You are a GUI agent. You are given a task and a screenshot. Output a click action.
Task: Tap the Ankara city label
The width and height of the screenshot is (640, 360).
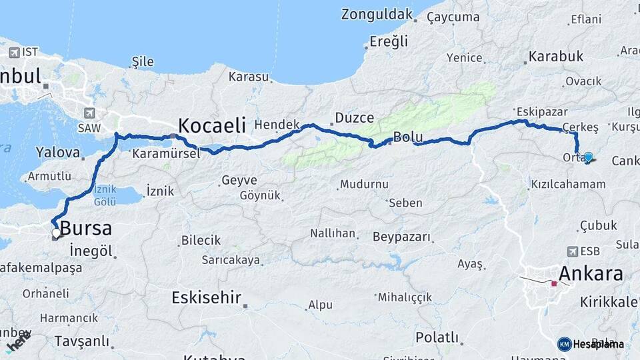tap(591, 273)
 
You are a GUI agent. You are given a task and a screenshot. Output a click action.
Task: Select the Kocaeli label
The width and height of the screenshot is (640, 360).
tap(212, 125)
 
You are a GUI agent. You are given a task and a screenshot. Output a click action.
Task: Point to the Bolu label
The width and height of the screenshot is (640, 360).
tap(408, 137)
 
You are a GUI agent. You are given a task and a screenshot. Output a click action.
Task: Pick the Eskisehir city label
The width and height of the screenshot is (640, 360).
tap(206, 297)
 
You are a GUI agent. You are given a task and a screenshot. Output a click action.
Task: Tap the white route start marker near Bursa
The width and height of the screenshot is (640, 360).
tap(57, 233)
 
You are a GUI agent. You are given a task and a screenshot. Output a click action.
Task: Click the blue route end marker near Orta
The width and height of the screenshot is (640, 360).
tap(588, 157)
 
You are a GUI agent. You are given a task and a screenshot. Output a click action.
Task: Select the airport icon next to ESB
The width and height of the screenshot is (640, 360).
tap(572, 251)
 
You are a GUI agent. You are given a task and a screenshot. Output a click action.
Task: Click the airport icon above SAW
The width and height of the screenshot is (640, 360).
tap(89, 113)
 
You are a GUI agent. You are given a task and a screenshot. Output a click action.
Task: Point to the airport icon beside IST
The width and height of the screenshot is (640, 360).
tap(13, 52)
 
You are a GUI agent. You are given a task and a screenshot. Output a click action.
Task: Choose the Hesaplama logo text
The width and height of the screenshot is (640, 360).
tap(598, 344)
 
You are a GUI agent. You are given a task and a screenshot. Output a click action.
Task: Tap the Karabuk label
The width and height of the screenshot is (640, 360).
tap(555, 57)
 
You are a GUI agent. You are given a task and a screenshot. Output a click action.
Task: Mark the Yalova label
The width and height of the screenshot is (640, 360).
tap(58, 152)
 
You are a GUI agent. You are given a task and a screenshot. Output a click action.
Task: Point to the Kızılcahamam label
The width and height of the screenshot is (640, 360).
tap(568, 184)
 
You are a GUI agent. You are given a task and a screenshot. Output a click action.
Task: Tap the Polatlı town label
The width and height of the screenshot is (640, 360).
tap(437, 337)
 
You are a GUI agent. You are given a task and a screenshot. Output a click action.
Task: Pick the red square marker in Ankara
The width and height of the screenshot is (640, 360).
tap(554, 283)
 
